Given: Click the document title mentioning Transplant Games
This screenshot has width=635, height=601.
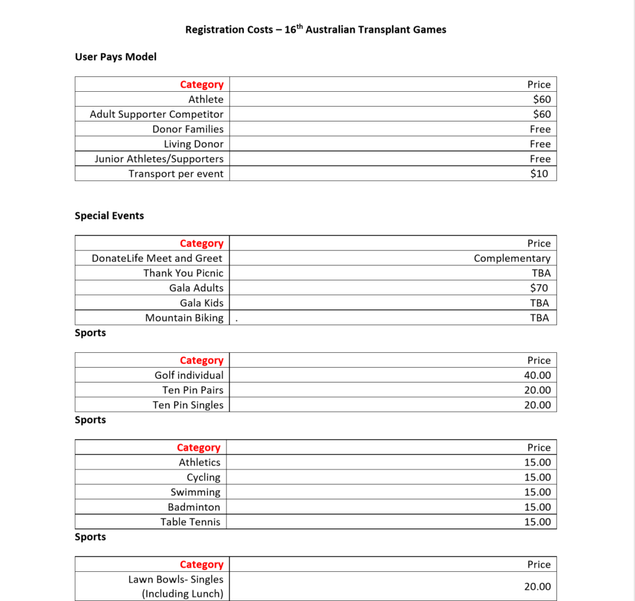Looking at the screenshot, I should pyautogui.click(x=316, y=29).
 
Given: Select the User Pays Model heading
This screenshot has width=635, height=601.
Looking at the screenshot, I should pyautogui.click(x=115, y=56).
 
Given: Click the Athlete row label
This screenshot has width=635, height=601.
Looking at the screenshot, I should pyautogui.click(x=206, y=99).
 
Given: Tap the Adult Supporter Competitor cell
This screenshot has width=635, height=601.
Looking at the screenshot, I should pyautogui.click(x=156, y=114).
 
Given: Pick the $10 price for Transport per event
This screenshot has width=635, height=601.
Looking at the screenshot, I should pyautogui.click(x=539, y=174).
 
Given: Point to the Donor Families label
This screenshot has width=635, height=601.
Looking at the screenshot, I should pyautogui.click(x=188, y=129).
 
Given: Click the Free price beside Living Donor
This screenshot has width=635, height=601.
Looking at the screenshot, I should pyautogui.click(x=540, y=144).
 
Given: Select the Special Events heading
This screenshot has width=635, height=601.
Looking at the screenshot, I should pyautogui.click(x=109, y=216).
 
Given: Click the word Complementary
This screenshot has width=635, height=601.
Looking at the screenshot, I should pyautogui.click(x=512, y=258).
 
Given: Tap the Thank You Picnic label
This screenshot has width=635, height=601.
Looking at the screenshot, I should pyautogui.click(x=183, y=273).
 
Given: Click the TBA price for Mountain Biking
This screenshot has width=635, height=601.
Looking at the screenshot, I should pyautogui.click(x=539, y=318).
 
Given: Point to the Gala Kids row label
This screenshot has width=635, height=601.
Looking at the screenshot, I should pyautogui.click(x=202, y=303).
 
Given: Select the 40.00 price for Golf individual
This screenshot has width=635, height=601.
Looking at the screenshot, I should pyautogui.click(x=537, y=375).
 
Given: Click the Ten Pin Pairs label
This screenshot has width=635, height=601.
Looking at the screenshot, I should pyautogui.click(x=193, y=390).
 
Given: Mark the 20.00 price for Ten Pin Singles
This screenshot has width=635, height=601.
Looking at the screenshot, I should pyautogui.click(x=537, y=405).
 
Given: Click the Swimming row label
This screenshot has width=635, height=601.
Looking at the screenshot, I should pyautogui.click(x=195, y=492).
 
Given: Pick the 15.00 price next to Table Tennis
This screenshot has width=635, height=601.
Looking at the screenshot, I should pyautogui.click(x=537, y=522).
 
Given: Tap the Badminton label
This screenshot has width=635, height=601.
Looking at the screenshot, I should pyautogui.click(x=193, y=507).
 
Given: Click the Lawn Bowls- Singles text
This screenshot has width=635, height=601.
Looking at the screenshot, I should pyautogui.click(x=175, y=579).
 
